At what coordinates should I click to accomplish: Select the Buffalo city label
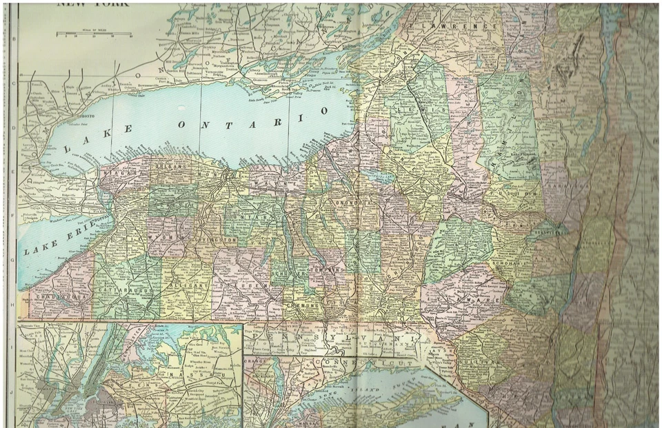pyautogui.click(x=97, y=215)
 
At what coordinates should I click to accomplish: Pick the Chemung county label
pyautogui.click(x=303, y=304)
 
